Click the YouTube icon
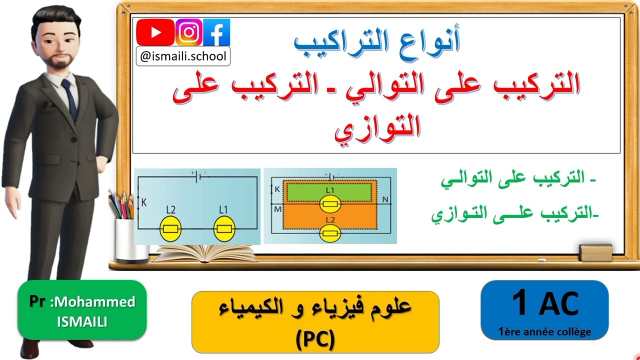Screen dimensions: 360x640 (x=155, y=33)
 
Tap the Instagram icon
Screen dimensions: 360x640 (x=188, y=33)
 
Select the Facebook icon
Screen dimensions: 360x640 (x=216, y=33)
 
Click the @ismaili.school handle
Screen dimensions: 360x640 (x=183, y=56)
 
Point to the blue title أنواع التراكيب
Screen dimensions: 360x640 (x=376, y=42)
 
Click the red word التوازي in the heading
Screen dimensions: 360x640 (x=377, y=127)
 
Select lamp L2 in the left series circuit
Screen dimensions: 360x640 (x=169, y=229)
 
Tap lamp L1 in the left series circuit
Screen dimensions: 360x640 (x=223, y=229)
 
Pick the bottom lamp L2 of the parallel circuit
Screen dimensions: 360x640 (x=330, y=232)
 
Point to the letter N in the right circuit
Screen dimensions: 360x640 (x=385, y=199)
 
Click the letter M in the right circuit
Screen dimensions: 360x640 (x=277, y=209)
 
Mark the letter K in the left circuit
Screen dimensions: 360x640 (x=144, y=203)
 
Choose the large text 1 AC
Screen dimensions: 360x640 (x=545, y=303)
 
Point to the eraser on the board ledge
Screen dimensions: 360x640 (x=595, y=252)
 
